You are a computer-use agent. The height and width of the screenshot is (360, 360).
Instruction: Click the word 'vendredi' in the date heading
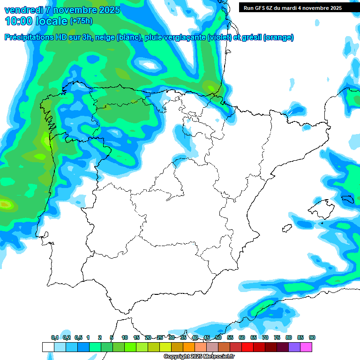click(x=23, y=10)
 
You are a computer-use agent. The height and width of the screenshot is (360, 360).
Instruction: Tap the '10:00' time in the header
click(x=19, y=21)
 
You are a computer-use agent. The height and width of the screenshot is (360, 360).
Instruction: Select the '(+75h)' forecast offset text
click(x=81, y=21)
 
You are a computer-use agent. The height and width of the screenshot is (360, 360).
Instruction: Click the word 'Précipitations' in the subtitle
click(x=29, y=37)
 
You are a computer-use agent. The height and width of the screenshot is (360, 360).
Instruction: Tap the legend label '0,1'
click(x=55, y=337)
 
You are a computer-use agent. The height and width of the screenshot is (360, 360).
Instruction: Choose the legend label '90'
click(x=312, y=337)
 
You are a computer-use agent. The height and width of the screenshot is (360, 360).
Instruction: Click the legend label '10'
click(x=125, y=337)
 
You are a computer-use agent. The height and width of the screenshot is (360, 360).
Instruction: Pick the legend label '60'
click(x=242, y=337)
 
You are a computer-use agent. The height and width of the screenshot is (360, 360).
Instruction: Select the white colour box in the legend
click(x=48, y=347)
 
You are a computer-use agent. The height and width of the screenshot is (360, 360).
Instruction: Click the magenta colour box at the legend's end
click(x=306, y=347)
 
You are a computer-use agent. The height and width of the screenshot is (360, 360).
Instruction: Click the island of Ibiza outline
click(x=287, y=228)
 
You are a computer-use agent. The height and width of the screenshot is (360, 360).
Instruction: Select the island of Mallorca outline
click(x=321, y=209)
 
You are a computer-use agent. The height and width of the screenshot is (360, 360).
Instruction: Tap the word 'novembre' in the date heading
click(x=74, y=10)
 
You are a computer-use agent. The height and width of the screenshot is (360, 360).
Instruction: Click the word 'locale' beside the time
click(x=52, y=21)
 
